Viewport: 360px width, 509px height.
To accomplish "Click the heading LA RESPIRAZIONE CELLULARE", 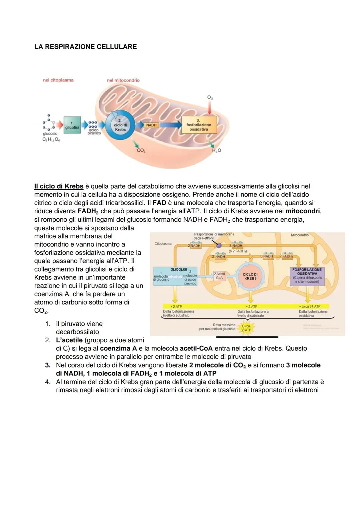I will click(x=85, y=47).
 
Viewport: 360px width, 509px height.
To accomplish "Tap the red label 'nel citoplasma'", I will click(x=58, y=80).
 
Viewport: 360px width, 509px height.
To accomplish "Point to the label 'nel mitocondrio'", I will click(x=123, y=80).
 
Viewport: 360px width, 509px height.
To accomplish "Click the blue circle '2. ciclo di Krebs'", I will click(x=120, y=125).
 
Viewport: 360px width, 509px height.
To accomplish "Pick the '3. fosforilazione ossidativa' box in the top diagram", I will click(x=199, y=125).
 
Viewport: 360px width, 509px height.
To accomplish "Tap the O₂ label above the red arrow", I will click(x=210, y=98).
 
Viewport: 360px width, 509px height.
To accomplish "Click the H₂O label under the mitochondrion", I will click(x=217, y=151).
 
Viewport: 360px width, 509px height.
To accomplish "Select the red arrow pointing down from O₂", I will click(x=210, y=107).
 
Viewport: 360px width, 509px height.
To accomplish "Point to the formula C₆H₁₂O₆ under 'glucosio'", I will click(x=51, y=139).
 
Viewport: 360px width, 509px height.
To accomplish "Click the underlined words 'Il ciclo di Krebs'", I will click(x=59, y=186).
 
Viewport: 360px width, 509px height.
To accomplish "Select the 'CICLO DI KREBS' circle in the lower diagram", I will click(x=250, y=277).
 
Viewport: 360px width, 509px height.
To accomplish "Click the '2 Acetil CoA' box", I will click(x=219, y=276).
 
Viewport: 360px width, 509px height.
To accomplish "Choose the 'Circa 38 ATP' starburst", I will click(x=246, y=328).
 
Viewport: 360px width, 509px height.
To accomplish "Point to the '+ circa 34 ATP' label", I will click(x=309, y=306).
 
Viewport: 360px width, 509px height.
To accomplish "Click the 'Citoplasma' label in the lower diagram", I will click(x=163, y=244).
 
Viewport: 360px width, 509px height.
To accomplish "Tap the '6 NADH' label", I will click(x=267, y=256).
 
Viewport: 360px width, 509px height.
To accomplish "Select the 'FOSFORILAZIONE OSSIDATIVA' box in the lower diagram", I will click(x=307, y=275).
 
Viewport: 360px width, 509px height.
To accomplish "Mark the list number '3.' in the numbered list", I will click(x=48, y=365).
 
